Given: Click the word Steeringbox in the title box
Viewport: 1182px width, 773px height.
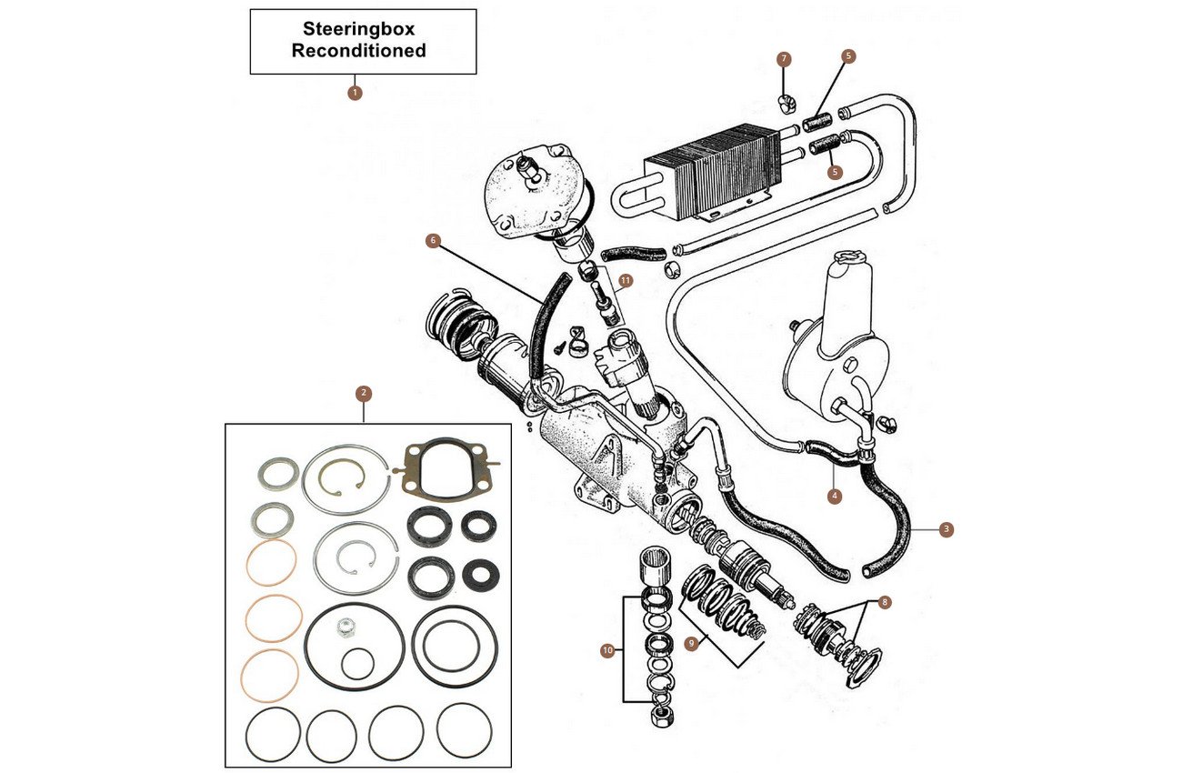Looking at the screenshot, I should [363, 30].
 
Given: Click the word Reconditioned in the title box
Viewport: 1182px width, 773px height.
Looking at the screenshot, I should [358, 51].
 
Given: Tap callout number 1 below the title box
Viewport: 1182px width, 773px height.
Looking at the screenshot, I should [355, 92].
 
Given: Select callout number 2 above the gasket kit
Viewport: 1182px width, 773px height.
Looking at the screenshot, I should [364, 394].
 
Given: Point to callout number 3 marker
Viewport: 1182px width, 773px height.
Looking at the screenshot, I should [947, 528].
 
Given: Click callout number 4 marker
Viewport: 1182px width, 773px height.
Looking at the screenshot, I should [834, 497].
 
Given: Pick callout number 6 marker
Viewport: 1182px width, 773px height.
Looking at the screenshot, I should [433, 240].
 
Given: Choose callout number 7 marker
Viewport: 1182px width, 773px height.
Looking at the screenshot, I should [784, 58].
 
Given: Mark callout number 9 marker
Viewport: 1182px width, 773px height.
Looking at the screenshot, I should [693, 643].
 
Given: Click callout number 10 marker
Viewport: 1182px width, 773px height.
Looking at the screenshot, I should [607, 650].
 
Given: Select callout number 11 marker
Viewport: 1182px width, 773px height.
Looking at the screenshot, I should [626, 281].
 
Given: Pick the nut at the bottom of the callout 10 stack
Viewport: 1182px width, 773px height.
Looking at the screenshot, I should [656, 714].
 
